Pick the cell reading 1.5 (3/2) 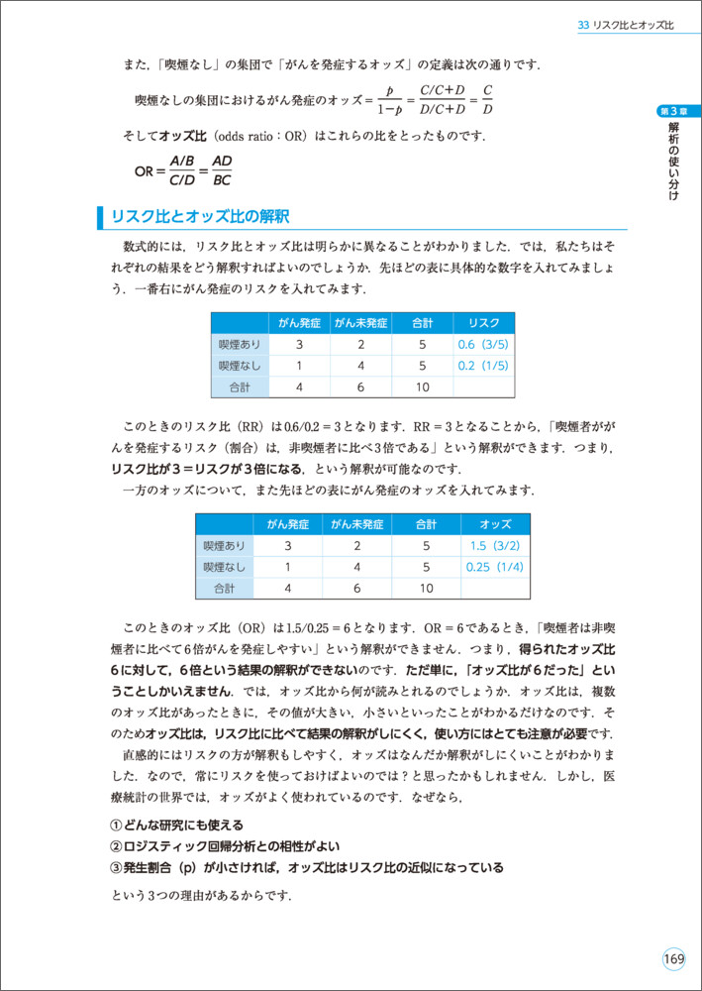tap(494, 546)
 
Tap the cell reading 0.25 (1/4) tap(494, 567)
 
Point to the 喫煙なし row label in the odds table tap(224, 567)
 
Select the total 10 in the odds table tap(426, 589)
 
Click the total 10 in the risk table tap(422, 387)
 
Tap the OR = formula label tap(149, 170)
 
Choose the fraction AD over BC tap(222, 170)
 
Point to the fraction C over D tap(487, 100)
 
